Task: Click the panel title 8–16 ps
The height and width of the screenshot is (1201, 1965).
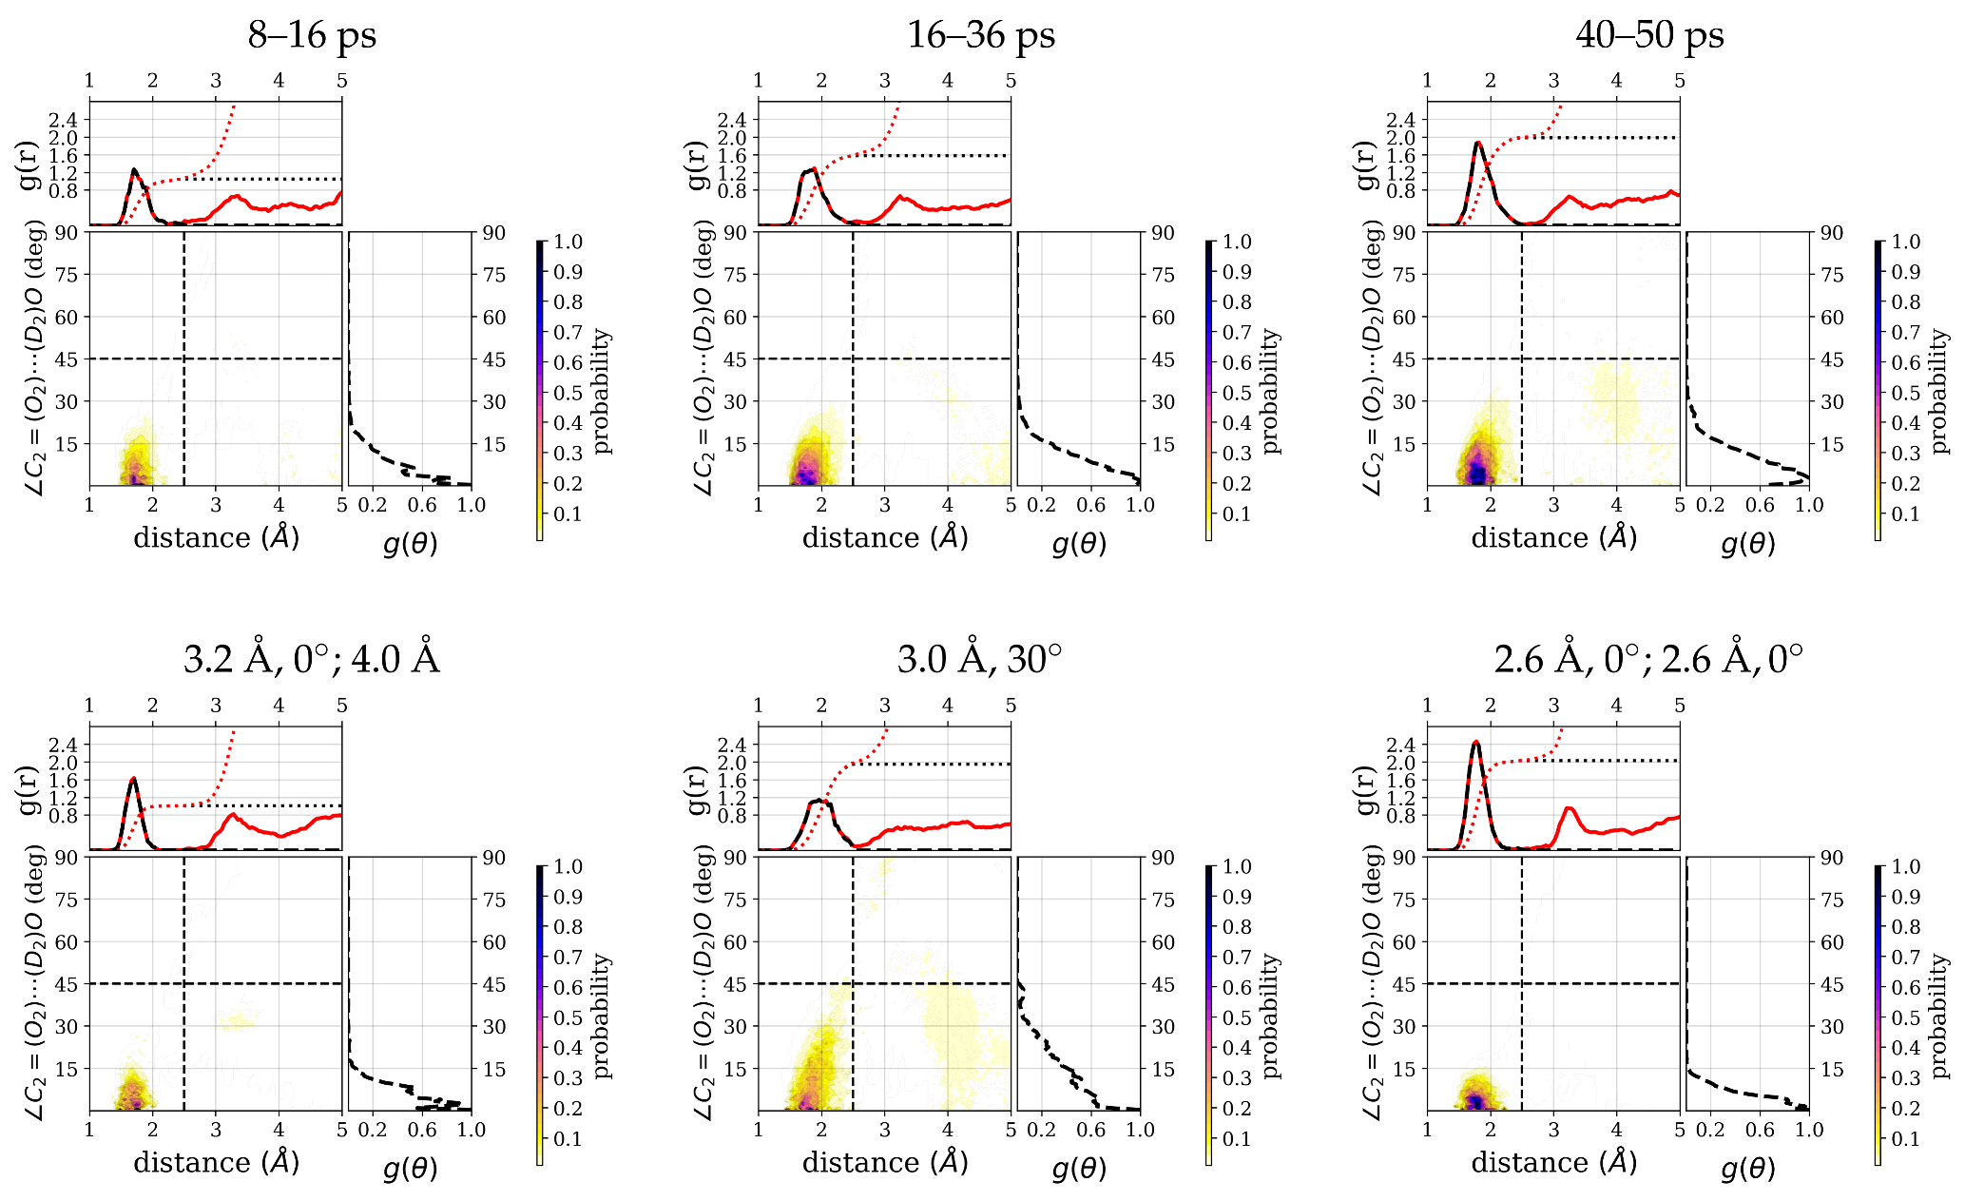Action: click(312, 36)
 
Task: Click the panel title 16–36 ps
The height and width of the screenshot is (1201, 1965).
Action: click(980, 36)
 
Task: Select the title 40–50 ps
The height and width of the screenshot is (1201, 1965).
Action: click(1649, 36)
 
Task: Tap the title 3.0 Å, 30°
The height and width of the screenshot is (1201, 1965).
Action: click(980, 659)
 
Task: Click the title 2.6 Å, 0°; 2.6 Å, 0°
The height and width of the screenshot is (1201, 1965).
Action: click(1648, 659)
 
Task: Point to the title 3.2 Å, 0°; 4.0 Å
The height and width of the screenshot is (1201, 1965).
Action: click(312, 659)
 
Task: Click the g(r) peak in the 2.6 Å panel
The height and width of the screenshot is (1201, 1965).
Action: click(1475, 743)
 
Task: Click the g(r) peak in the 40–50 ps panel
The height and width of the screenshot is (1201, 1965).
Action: click(1478, 144)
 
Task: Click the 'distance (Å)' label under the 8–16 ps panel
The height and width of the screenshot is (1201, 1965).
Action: click(217, 537)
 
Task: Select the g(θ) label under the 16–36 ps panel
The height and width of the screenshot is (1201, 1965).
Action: click(1079, 544)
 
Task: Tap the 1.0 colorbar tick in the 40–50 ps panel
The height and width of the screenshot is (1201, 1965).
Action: click(1906, 242)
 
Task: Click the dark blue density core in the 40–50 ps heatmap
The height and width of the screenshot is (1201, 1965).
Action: click(1476, 471)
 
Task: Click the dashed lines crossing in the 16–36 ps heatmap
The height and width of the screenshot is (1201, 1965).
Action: click(853, 358)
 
